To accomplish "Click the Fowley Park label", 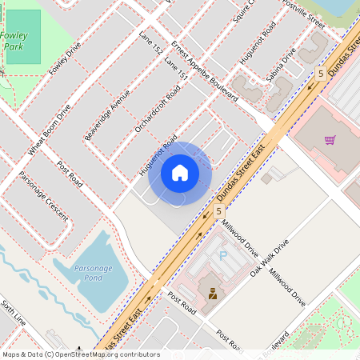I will [x=14, y=41].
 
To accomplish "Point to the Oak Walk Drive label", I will [x=268, y=258].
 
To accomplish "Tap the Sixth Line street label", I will [x=13, y=312].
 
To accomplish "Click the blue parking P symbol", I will [x=223, y=255].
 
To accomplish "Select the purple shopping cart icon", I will [x=330, y=140].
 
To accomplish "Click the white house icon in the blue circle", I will [x=180, y=172].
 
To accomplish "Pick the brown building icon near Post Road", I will [x=213, y=294].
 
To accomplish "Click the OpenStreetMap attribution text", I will [x=81, y=354].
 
